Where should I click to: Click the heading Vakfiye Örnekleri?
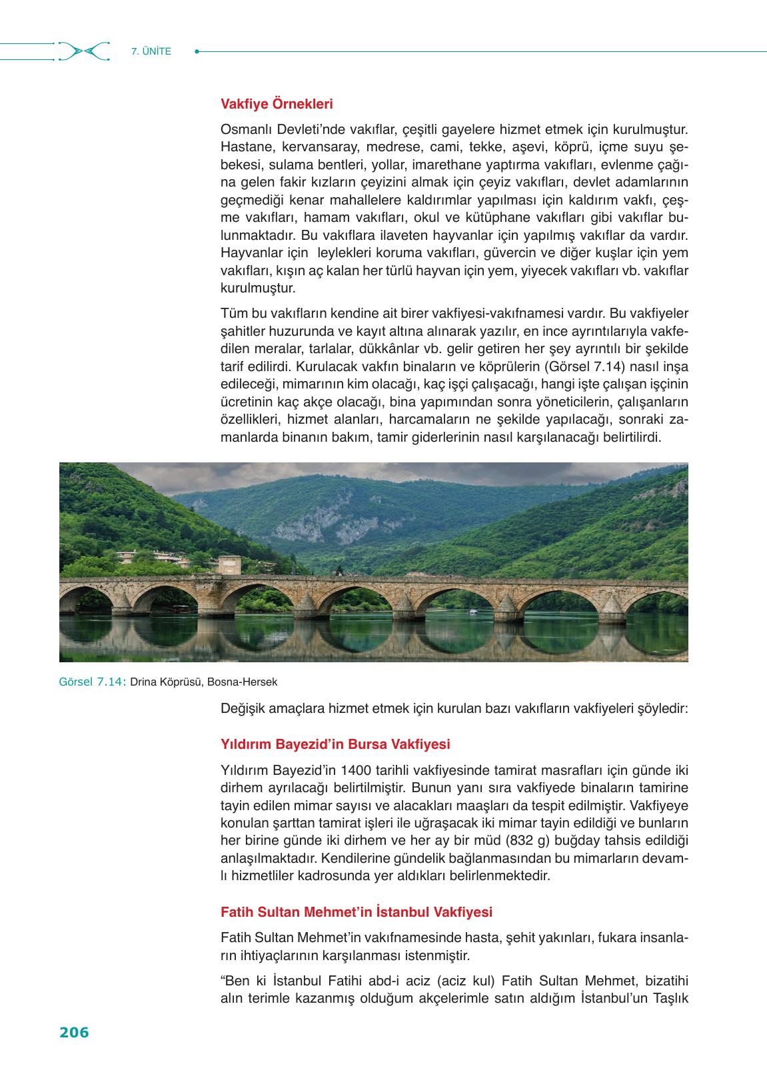(277, 104)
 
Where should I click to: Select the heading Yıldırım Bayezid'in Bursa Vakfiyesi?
(335, 744)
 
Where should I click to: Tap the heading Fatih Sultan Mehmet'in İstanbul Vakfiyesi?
(357, 911)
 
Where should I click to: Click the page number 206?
(74, 1033)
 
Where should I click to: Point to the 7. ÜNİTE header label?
(151, 51)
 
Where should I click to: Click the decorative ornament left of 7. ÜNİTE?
(83, 51)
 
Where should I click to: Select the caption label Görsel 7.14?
(92, 682)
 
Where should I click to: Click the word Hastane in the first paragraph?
(243, 146)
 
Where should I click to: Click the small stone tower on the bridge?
(229, 566)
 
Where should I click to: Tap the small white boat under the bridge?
(474, 611)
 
